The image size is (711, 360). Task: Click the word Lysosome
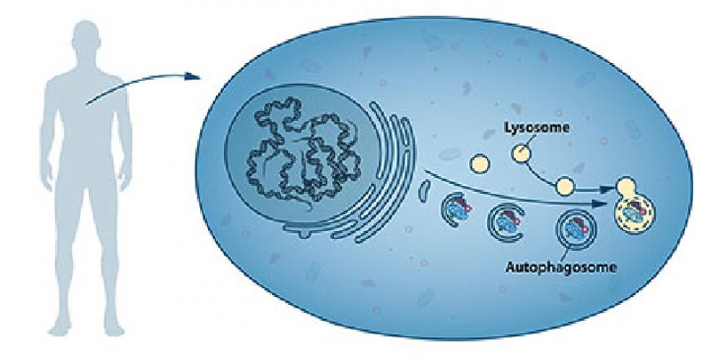tap(537, 128)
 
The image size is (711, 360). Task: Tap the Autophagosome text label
tap(561, 267)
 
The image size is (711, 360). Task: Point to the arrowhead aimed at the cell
tap(194, 76)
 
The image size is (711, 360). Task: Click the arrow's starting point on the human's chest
tap(86, 105)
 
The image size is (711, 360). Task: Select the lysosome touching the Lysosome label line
tap(521, 153)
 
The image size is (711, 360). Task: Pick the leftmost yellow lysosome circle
tap(480, 164)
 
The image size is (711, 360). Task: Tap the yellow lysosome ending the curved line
tap(565, 186)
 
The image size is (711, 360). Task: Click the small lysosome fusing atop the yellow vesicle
tap(626, 186)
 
